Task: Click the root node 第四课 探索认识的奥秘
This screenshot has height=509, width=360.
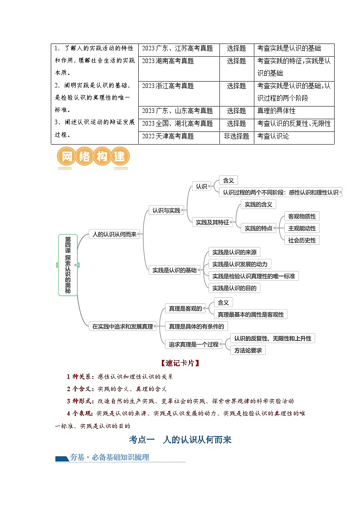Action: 68,265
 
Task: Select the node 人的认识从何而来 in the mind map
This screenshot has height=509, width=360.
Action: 114,234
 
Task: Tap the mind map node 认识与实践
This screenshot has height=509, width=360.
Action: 166,210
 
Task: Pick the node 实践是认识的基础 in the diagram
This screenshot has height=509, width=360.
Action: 175,270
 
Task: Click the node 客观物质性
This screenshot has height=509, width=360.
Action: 302,216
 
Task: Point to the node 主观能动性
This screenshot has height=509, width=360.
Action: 302,228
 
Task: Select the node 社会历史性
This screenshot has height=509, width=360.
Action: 302,240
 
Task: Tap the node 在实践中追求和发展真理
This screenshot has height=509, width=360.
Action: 122,326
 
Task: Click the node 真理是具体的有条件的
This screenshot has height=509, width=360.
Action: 196,326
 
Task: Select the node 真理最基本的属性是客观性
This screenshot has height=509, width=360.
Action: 250,314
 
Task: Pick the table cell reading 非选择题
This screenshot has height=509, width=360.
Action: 236,136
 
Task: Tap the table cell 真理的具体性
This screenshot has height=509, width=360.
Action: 276,111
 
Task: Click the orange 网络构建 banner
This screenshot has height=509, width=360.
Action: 93,158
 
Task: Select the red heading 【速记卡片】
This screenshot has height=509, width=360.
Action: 180,363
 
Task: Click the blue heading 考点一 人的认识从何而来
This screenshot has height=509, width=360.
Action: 180,439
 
